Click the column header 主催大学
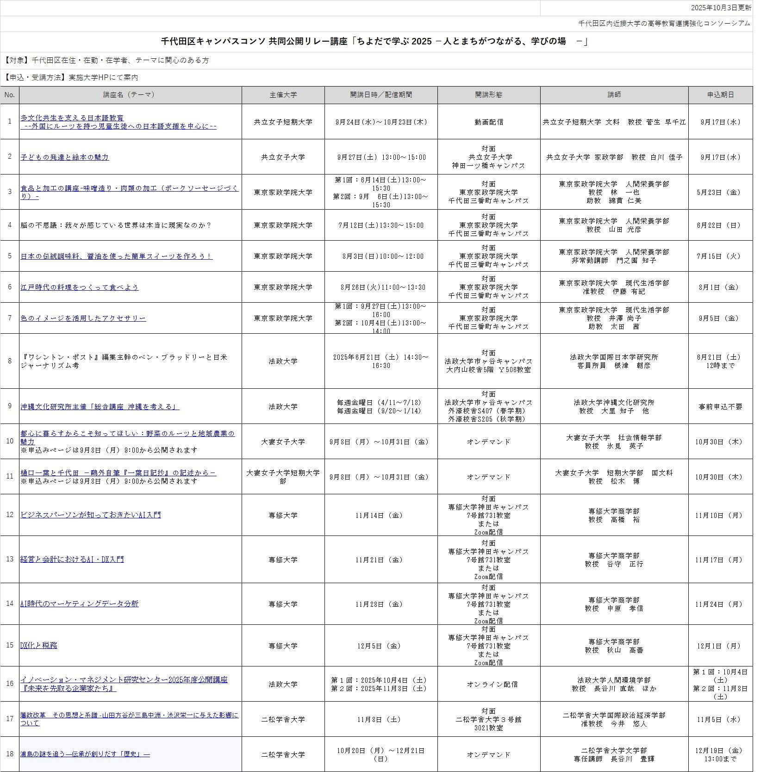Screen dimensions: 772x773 click(283, 95)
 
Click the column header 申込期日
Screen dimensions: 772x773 click(720, 95)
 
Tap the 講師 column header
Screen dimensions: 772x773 click(614, 95)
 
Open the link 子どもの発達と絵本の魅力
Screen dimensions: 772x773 click(65, 157)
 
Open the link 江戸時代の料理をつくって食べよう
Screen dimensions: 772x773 click(79, 287)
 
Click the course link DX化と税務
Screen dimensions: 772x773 click(39, 646)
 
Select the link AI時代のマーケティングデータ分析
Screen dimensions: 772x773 click(79, 604)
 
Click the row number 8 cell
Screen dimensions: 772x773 click(10, 361)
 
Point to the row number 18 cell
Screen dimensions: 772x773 click(10, 754)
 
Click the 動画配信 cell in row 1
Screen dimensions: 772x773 click(488, 122)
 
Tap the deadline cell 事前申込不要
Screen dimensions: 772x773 click(720, 407)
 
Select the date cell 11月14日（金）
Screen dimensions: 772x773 click(381, 516)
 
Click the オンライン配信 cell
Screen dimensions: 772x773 click(492, 685)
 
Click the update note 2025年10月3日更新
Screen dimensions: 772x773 click(721, 8)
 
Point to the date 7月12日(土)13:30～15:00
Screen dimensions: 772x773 click(381, 225)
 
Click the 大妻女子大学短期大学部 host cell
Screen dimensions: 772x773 click(283, 477)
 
